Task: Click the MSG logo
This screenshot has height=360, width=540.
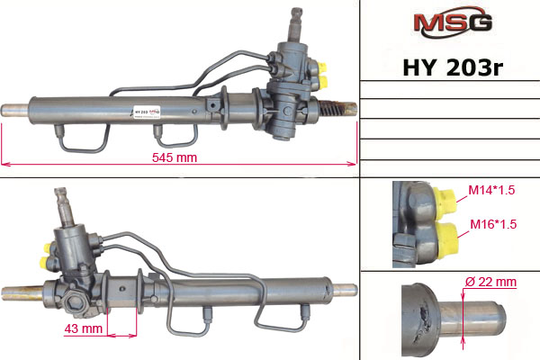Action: tap(453, 22)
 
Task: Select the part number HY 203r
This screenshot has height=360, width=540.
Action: tap(453, 67)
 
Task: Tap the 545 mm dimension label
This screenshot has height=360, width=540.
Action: tap(175, 157)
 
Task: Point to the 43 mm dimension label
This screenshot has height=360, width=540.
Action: tap(84, 328)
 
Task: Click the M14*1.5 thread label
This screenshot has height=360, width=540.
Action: tap(491, 190)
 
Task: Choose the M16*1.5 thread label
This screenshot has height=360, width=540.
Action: tap(493, 224)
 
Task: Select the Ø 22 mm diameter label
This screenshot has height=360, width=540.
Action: tap(490, 282)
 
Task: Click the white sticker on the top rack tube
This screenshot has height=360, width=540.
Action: tap(147, 112)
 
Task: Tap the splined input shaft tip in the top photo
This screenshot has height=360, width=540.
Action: tap(296, 14)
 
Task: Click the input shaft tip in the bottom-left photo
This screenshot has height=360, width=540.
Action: tap(60, 194)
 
